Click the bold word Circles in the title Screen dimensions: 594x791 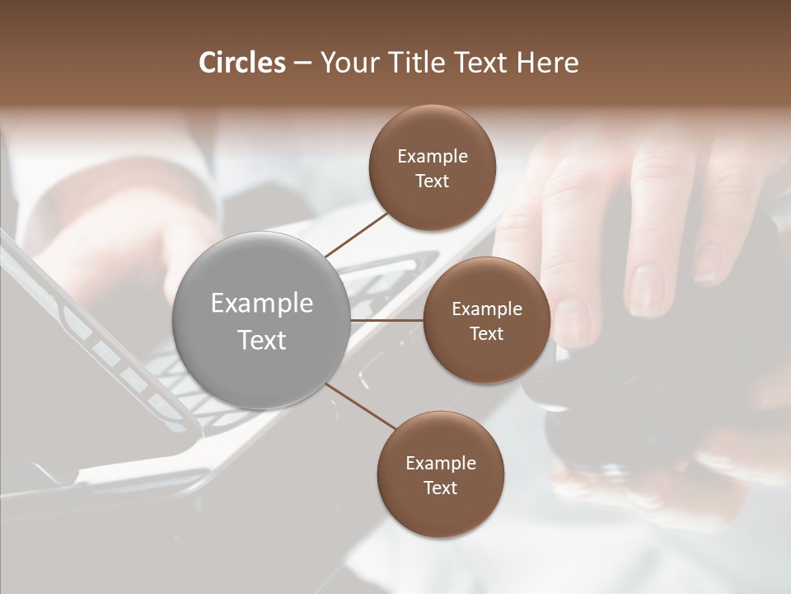tap(242, 63)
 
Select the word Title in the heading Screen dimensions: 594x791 tap(409, 63)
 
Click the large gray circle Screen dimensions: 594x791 tap(262, 320)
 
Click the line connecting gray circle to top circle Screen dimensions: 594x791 tap(356, 233)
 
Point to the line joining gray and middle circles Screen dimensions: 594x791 tap(387, 320)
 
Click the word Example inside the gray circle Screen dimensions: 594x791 tap(262, 304)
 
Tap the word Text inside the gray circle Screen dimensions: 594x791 tap(262, 340)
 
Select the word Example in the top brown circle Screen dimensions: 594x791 tap(433, 157)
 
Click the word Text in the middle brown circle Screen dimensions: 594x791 tap(486, 334)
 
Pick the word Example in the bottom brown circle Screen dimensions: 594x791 tap(441, 464)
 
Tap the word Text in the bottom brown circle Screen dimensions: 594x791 tap(441, 488)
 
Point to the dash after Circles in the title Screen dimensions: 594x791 tap(302, 63)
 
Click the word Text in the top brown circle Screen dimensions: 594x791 tap(433, 181)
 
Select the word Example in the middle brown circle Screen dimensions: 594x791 tap(486, 309)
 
